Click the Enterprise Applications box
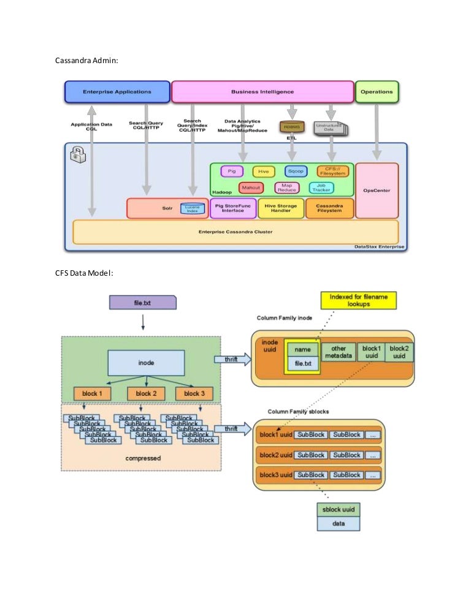point(117,92)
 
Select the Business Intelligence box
point(262,92)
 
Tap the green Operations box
point(377,92)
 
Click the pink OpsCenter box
point(377,191)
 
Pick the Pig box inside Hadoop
point(232,172)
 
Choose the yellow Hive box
point(264,172)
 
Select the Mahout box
point(251,187)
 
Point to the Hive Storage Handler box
point(281,209)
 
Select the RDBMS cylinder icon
point(292,127)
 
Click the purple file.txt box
point(142,303)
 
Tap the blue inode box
point(146,363)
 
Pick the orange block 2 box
point(147,393)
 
